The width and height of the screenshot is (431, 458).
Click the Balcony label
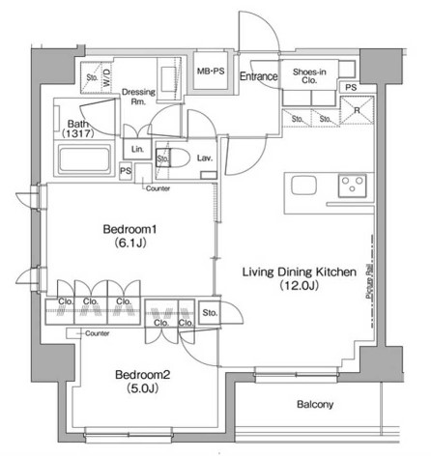click(315, 405)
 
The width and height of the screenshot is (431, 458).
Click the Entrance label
click(259, 76)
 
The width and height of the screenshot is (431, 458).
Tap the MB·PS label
click(211, 72)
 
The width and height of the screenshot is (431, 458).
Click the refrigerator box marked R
click(358, 109)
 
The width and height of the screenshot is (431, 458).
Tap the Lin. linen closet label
click(137, 149)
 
